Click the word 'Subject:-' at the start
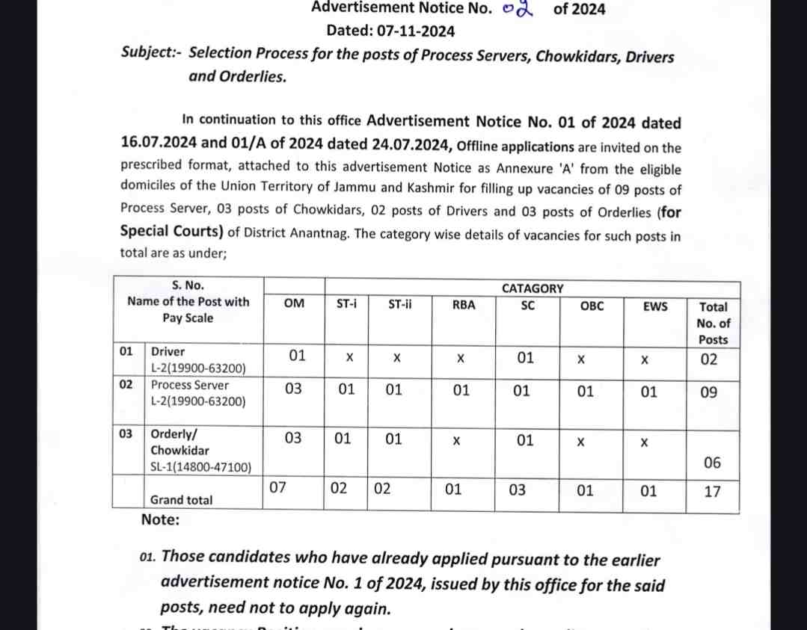pos(152,55)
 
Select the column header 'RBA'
pos(464,305)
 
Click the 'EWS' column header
pos(655,306)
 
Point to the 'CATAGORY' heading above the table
pos(533,288)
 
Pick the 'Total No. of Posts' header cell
pos(713,323)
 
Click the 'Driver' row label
pos(168,351)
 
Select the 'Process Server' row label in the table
pos(190,386)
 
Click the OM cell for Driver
pos(297,356)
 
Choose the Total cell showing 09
pos(709,391)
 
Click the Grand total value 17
pos(712,492)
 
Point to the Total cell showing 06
pos(712,463)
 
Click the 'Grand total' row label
pos(181,500)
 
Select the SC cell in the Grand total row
pos(517,490)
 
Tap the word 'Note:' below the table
pos(160,519)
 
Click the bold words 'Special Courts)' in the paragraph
pos(171,232)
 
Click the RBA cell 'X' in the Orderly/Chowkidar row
pos(456,442)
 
